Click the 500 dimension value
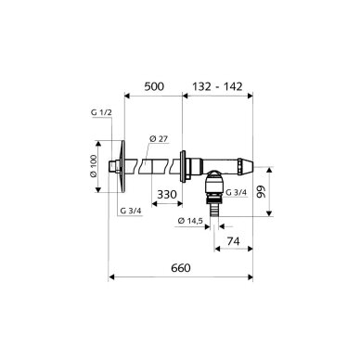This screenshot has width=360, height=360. [154, 86]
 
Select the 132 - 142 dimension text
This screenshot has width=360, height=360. [217, 86]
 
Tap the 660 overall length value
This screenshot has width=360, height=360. [181, 268]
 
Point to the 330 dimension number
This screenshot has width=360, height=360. [167, 195]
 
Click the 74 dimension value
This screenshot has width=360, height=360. [234, 241]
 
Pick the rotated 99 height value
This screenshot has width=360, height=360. [262, 192]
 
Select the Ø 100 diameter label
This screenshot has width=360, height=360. [94, 166]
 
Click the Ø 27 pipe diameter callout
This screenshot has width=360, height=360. [159, 139]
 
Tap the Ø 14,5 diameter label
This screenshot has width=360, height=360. [190, 221]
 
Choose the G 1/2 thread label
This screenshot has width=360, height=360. [101, 112]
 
